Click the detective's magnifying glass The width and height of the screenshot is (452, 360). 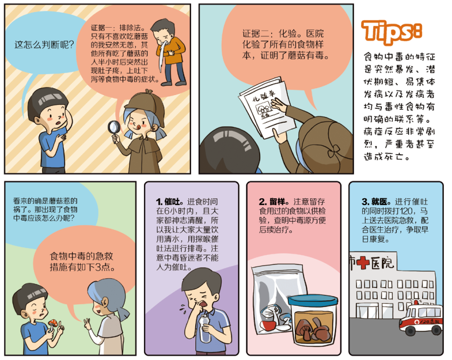point(114,129)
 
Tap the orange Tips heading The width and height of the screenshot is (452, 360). point(392,32)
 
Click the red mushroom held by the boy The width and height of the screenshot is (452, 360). point(52,323)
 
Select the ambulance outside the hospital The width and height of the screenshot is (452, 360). point(421,317)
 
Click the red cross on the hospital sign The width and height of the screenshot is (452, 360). point(363,263)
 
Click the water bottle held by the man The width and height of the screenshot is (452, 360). point(205,328)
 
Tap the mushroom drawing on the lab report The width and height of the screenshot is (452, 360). point(263,108)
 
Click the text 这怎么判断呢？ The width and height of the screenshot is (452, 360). point(44,45)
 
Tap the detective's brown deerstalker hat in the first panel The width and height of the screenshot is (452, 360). point(145,105)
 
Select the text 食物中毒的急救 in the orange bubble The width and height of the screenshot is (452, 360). point(81,256)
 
